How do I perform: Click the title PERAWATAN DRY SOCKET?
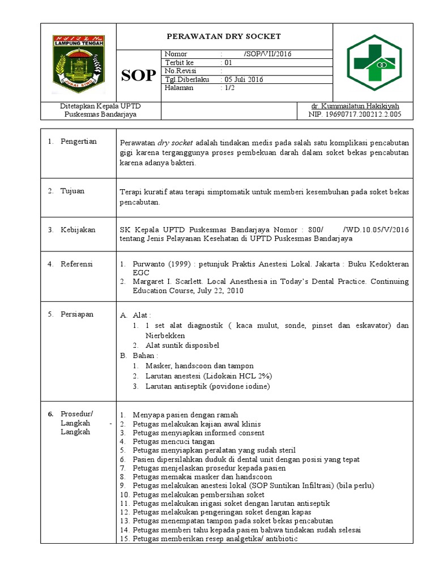tap(223, 36)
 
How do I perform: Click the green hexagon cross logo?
tap(374, 62)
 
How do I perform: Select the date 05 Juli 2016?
tap(243, 79)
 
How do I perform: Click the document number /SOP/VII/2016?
tap(267, 54)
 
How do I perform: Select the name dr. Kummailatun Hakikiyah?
tap(356, 106)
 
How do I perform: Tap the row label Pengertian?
tap(79, 141)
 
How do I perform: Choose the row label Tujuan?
tap(72, 191)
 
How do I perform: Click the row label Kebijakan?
tap(78, 229)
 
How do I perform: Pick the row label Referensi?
tap(78, 264)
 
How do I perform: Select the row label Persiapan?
tap(78, 314)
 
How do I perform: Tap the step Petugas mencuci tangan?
tap(173, 441)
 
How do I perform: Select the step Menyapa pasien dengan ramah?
tap(185, 415)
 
